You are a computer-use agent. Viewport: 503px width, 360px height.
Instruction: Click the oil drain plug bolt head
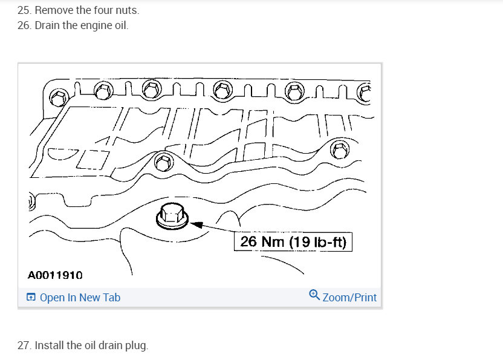[x=172, y=216]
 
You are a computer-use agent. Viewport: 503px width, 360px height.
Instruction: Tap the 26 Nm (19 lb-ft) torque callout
[x=293, y=242]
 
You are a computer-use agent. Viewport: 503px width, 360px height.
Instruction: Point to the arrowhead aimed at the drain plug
[x=196, y=224]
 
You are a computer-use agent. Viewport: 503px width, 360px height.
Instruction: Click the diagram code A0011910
[x=55, y=275]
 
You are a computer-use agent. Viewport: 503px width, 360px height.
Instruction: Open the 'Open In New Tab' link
[x=80, y=297]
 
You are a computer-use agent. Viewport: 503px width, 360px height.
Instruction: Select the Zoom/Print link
[x=349, y=297]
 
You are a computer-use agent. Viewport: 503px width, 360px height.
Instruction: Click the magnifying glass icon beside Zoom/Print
[x=314, y=295]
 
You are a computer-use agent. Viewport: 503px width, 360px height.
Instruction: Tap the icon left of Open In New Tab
[x=31, y=297]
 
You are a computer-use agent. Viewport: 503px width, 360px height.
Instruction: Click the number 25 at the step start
[x=24, y=10]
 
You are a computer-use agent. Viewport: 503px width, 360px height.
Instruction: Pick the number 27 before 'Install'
[x=24, y=345]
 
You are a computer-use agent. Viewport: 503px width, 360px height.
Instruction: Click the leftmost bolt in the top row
[x=59, y=97]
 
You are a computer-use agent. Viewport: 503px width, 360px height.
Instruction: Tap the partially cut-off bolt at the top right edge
[x=365, y=93]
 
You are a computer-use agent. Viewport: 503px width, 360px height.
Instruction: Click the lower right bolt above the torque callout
[x=340, y=149]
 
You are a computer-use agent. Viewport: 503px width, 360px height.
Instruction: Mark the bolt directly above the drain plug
[x=164, y=162]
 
